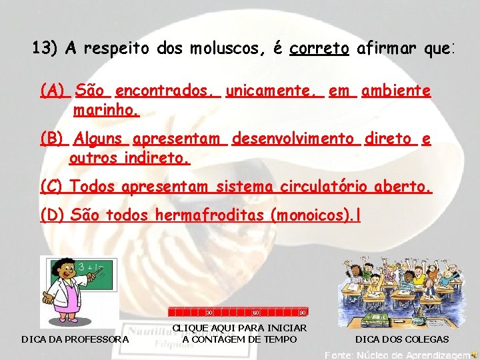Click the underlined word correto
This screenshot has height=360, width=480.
point(320,49)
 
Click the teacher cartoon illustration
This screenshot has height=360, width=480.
point(79,291)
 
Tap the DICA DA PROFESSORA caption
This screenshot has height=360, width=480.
point(75,339)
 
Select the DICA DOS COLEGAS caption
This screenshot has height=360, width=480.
point(401,339)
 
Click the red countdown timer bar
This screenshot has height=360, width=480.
point(237,311)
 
